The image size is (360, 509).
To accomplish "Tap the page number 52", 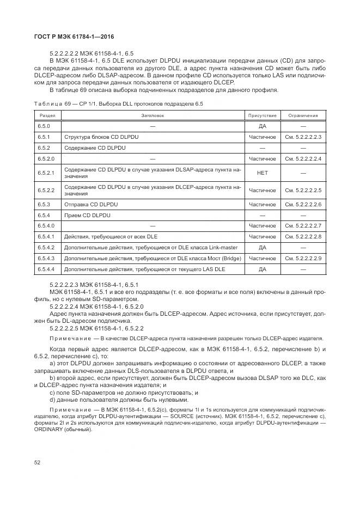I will pos(38,463).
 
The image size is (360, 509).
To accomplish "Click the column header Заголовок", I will pos(152,115).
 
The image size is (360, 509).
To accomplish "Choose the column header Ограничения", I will pos(303,115).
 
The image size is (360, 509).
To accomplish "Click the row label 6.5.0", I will pos(44,126).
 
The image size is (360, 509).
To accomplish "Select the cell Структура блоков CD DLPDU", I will pos(101,137).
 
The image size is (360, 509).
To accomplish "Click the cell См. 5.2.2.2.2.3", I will pos(303,137).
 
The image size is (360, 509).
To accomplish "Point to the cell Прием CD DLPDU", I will pos(87,215).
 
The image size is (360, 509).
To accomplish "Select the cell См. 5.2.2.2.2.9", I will pos(303,258).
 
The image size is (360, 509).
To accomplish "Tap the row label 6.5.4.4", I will pos(46,269).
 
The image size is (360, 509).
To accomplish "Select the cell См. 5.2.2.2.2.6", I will pos(303,204).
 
